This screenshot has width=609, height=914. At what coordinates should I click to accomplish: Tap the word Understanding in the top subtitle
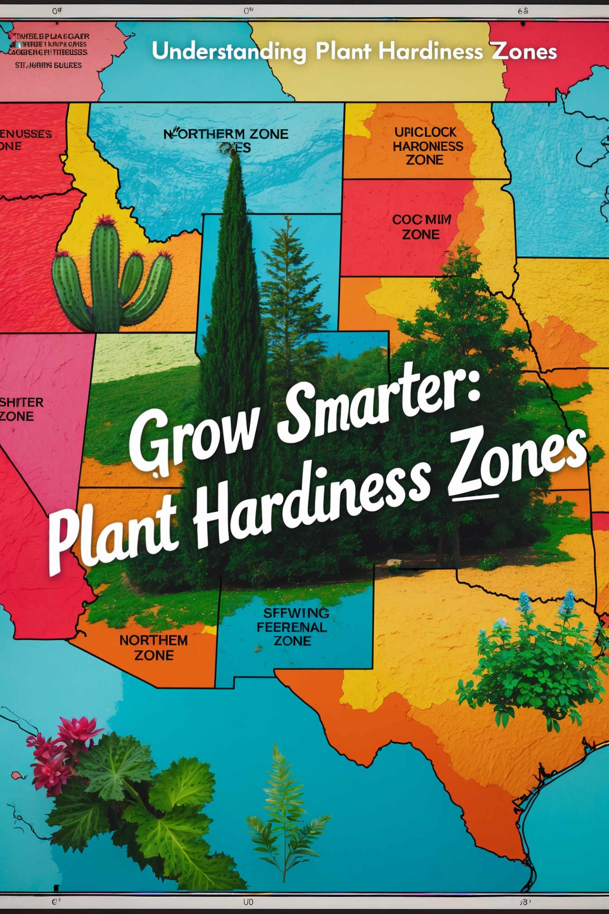pyautogui.click(x=229, y=52)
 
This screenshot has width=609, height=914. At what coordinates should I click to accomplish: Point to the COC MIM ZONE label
pyautogui.click(x=421, y=227)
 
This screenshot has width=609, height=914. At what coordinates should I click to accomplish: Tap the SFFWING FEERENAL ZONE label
pyautogui.click(x=292, y=627)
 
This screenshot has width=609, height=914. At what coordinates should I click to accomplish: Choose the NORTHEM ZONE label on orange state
pyautogui.click(x=154, y=647)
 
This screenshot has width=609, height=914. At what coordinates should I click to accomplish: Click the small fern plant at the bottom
pyautogui.click(x=283, y=812)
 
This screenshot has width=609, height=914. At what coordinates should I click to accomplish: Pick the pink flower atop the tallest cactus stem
pyautogui.click(x=105, y=221)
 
